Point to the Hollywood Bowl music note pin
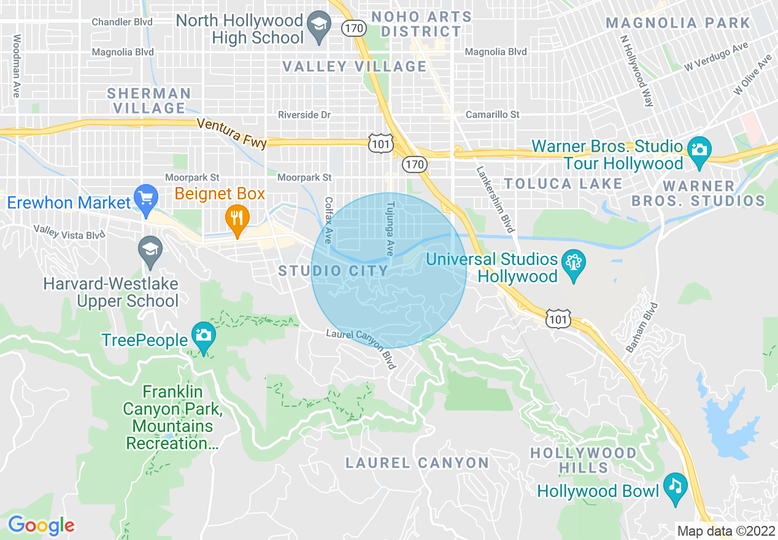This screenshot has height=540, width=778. pos(675,487)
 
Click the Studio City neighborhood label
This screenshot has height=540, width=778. pos(333,271)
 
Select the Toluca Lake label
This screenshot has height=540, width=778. pos(563,183)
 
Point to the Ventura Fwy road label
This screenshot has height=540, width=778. pos(232,133)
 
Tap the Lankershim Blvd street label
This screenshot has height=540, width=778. pos(495,196)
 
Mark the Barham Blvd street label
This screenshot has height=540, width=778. pos(642,327)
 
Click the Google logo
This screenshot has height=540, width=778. pos(41,525)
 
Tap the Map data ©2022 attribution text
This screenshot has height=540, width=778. pos(724,531)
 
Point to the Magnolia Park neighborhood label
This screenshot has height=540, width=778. pos(677,23)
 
